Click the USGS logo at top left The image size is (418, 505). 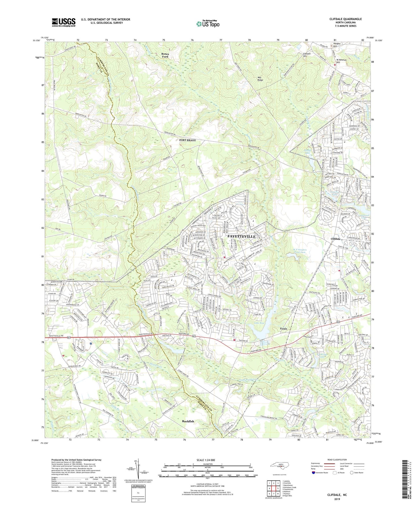pos(64,22)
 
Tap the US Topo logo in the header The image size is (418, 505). pos(207,24)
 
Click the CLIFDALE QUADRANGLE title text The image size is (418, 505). pos(345,19)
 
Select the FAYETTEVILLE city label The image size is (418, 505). pos(242,236)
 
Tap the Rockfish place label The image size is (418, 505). pos(188,421)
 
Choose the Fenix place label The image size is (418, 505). pos(285,329)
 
